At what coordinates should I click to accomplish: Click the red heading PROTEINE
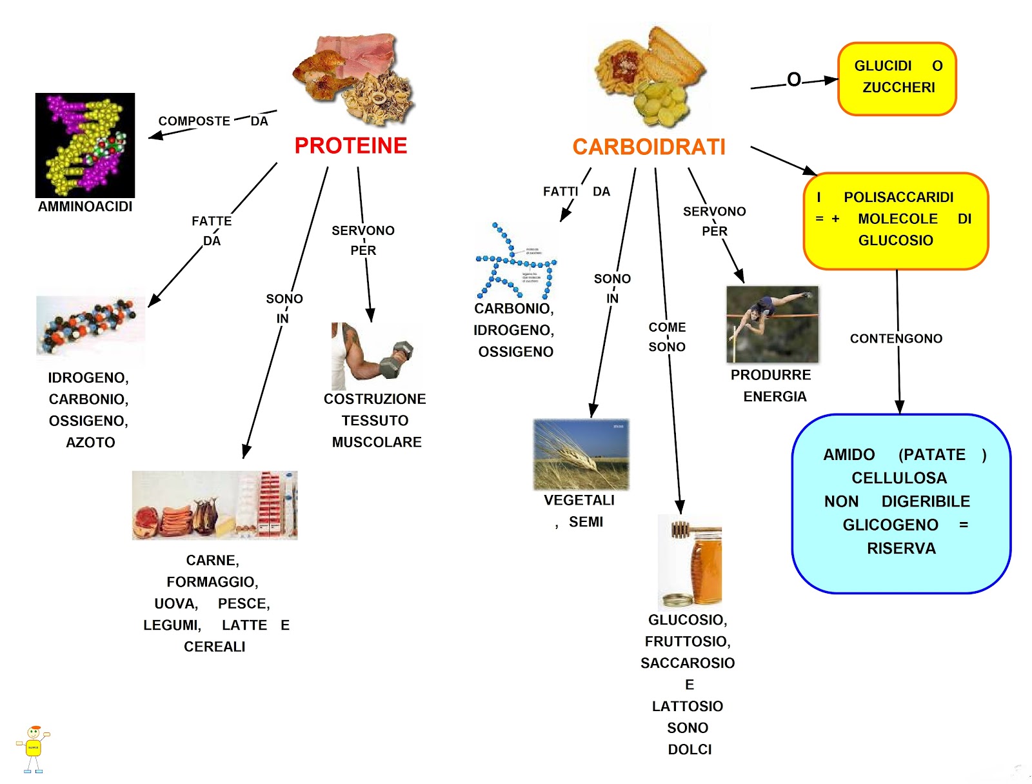click(x=350, y=146)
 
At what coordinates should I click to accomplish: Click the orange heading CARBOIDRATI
click(x=649, y=147)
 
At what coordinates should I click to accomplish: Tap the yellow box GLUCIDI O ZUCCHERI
click(x=897, y=79)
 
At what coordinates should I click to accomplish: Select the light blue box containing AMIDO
click(x=901, y=503)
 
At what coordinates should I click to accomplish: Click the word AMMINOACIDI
click(x=85, y=206)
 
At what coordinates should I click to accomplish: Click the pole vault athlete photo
click(x=772, y=325)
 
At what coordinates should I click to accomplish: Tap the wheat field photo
click(x=581, y=454)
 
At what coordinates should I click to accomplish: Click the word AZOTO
click(x=90, y=443)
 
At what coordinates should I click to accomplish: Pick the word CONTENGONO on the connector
click(x=896, y=339)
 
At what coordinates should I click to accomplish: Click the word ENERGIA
click(x=775, y=397)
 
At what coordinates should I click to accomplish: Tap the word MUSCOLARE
click(x=377, y=443)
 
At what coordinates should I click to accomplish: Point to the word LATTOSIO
click(x=688, y=707)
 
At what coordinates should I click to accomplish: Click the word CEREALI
click(x=215, y=647)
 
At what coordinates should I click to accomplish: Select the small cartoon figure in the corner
click(x=33, y=749)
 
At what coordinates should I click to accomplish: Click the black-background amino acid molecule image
click(x=85, y=145)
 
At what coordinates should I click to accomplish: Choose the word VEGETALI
click(x=579, y=501)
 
